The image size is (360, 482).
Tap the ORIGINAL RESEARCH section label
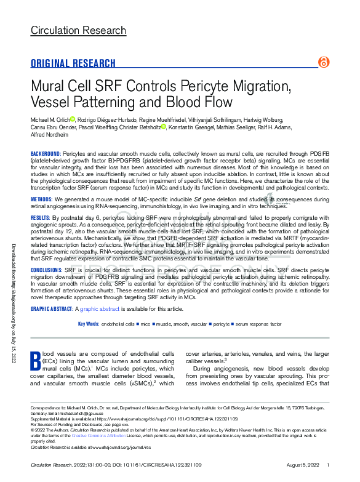pyautogui.click(x=73, y=63)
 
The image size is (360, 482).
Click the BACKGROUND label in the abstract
pyautogui.click(x=45, y=153)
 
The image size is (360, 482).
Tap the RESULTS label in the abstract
pyautogui.click(x=40, y=218)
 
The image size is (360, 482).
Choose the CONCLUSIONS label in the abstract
pyautogui.click(x=47, y=270)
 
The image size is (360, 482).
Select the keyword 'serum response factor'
pyautogui.click(x=260, y=324)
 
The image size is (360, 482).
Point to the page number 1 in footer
pyautogui.click(x=328, y=465)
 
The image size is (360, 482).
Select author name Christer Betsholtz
pyautogui.click(x=142, y=127)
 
